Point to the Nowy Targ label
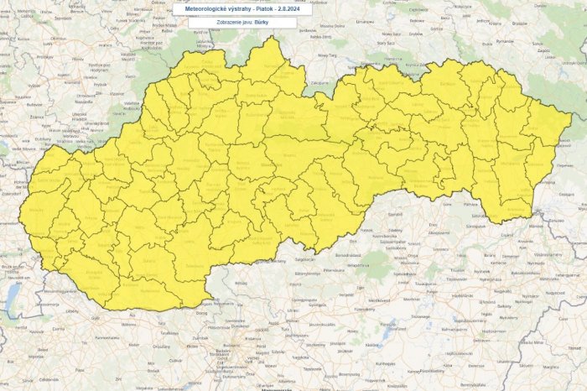326,55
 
